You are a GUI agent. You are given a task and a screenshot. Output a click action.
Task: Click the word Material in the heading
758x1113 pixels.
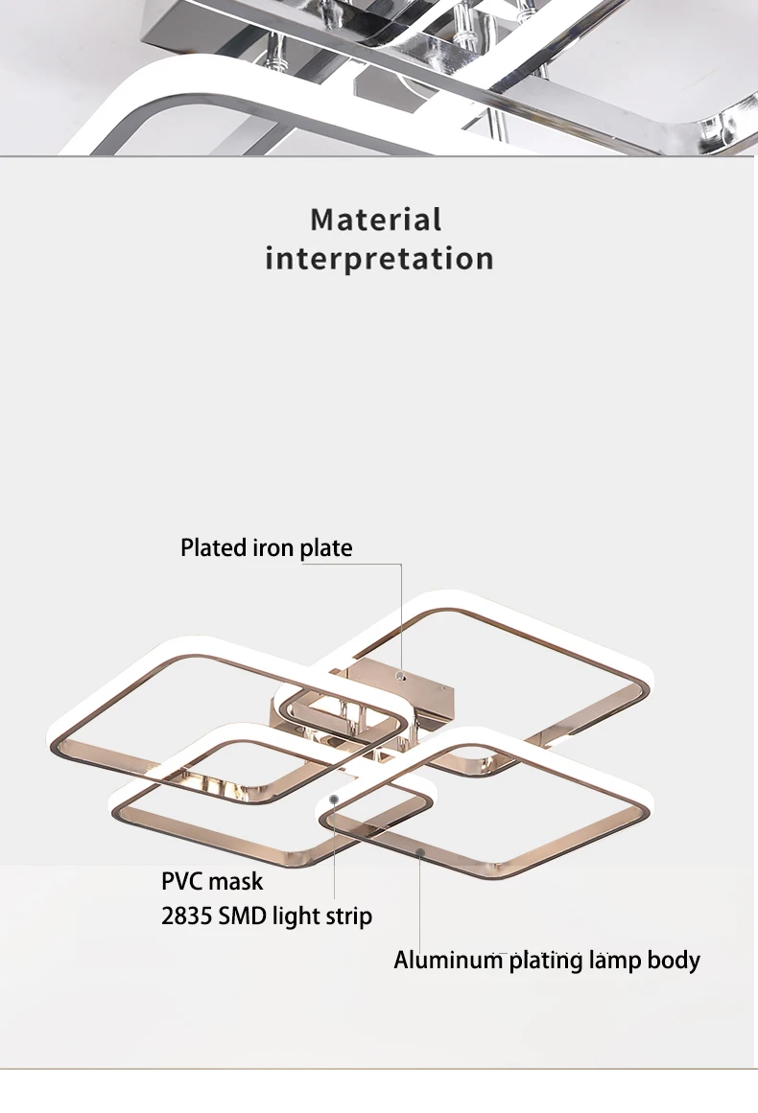point(376,220)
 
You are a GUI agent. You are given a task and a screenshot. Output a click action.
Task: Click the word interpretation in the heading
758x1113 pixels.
point(379,259)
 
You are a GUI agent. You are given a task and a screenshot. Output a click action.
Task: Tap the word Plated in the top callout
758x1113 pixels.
point(214,548)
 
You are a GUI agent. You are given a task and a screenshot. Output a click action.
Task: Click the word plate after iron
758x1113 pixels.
point(326,548)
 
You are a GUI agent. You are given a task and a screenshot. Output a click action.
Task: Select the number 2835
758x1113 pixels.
point(186,916)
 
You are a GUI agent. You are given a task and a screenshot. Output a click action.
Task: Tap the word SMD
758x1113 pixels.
point(243,916)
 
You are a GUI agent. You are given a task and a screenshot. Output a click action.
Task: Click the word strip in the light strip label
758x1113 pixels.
point(347,917)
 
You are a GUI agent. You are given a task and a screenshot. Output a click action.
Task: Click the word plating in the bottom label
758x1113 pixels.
point(545,961)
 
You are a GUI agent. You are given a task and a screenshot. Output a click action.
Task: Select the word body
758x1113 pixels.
point(675,960)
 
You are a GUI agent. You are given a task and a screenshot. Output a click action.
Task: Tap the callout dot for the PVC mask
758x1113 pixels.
point(334,798)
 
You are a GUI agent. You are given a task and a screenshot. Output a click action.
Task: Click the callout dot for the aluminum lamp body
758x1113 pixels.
point(419,849)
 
